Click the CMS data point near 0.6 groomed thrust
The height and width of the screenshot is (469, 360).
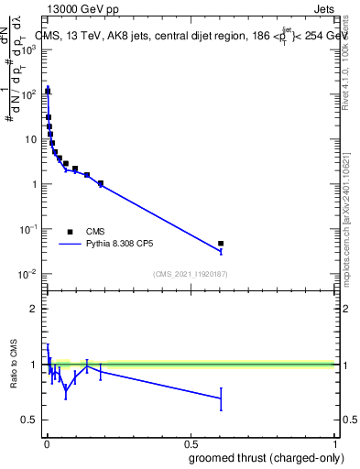(x=221, y=244)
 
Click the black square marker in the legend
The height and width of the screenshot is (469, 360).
(x=70, y=232)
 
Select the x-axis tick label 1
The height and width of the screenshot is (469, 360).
(x=336, y=445)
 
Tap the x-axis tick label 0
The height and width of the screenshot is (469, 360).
(x=46, y=445)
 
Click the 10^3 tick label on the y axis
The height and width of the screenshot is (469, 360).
(x=29, y=49)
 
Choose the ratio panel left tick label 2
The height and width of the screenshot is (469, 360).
(x=34, y=309)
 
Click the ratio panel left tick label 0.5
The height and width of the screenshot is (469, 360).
(x=30, y=420)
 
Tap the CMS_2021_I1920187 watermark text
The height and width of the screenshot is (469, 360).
(x=191, y=274)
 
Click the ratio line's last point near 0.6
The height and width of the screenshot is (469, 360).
(x=221, y=398)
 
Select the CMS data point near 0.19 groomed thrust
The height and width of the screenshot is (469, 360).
(x=101, y=183)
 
